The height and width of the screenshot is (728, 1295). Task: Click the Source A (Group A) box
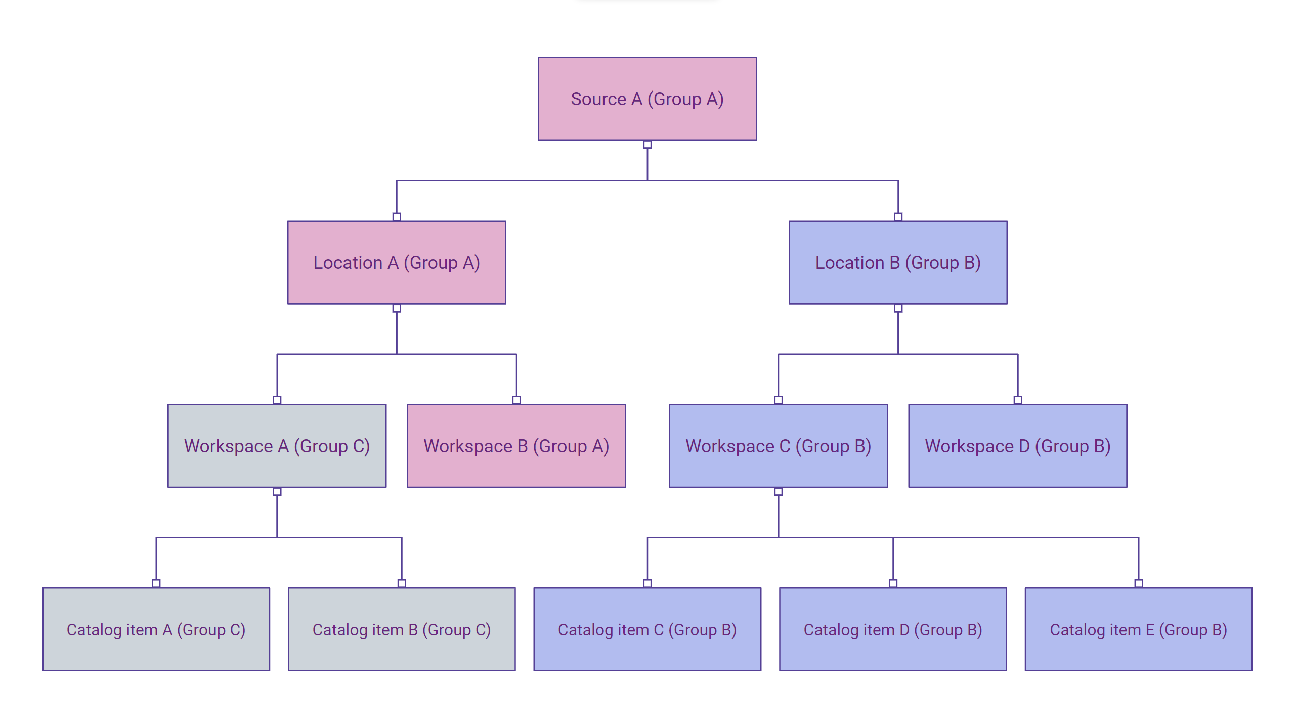[x=647, y=99]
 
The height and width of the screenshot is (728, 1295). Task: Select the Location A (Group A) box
[x=397, y=262]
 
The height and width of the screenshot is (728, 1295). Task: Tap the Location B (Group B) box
[x=898, y=262]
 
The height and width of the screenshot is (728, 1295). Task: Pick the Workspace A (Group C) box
[x=277, y=446]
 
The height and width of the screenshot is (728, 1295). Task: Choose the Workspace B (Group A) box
[x=516, y=446]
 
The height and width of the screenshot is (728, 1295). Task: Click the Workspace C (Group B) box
[x=778, y=446]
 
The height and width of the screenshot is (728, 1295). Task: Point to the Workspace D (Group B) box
[x=1018, y=446]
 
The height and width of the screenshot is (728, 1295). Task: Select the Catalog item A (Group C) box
[x=156, y=629]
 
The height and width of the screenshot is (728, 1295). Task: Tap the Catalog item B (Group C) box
[x=402, y=629]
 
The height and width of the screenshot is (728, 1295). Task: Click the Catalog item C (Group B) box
[x=647, y=629]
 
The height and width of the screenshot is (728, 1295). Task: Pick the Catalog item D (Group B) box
[x=893, y=629]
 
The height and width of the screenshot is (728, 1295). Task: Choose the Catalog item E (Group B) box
[x=1139, y=629]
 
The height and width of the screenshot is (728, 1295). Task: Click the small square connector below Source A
[x=647, y=145]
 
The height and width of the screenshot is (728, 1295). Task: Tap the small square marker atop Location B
[x=898, y=217]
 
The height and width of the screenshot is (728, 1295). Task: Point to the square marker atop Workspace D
[x=1018, y=400]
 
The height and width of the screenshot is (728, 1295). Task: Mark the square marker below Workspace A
[x=277, y=492]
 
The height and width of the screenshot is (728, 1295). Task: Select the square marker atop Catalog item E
[x=1139, y=583]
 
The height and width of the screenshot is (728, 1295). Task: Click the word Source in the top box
[x=598, y=99]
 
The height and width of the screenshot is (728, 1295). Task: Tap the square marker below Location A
[x=397, y=308]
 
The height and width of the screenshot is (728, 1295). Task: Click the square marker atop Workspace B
[x=516, y=400]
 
